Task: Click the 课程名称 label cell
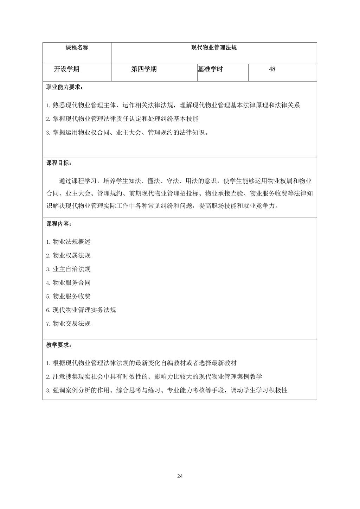[77, 47]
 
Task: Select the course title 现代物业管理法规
[214, 47]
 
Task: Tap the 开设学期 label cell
[66, 69]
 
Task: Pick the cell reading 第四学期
[144, 69]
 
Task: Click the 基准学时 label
[210, 69]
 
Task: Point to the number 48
[272, 69]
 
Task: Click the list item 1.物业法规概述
[69, 242]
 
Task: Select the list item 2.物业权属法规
[69, 255]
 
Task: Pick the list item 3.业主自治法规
[69, 269]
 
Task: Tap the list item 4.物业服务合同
[69, 282]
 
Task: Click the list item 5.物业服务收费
[69, 296]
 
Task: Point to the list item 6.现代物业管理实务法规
[81, 310]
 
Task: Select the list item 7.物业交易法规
[69, 324]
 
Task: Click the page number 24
[180, 476]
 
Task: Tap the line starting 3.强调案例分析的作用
[167, 390]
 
